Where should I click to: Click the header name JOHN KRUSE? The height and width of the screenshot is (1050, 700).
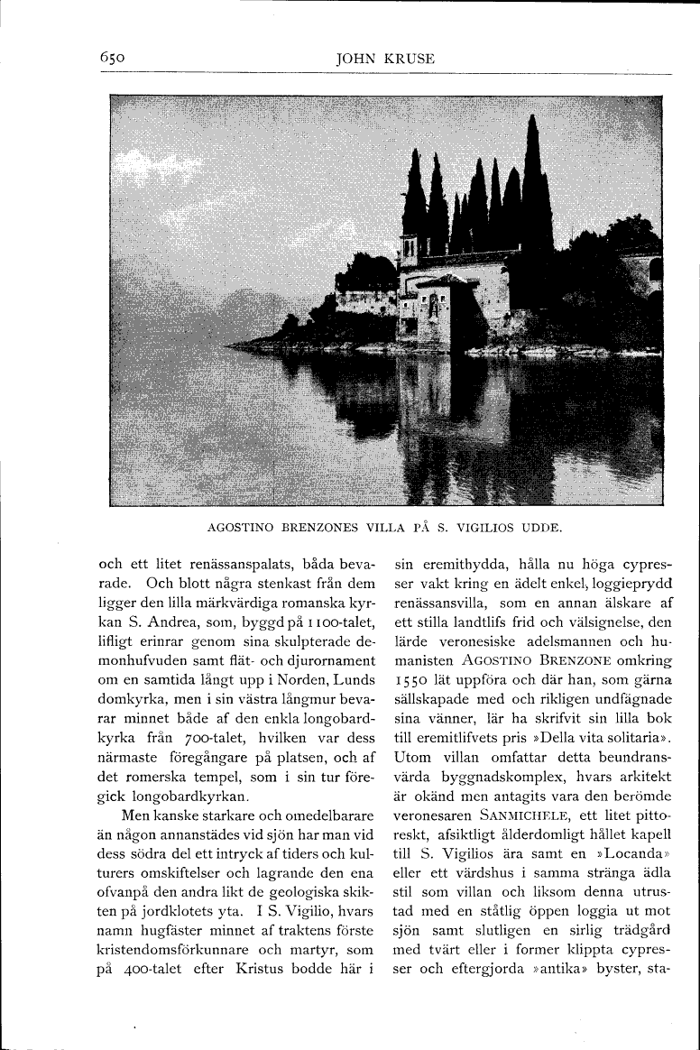[x=385, y=59]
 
